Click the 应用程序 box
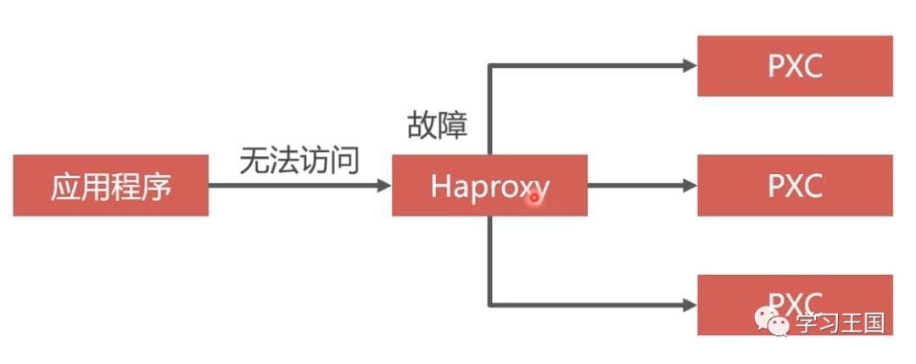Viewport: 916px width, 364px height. (x=111, y=186)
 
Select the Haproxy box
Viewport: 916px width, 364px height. (x=489, y=186)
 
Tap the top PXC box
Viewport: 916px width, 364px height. (x=795, y=66)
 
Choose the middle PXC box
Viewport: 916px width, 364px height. (x=795, y=186)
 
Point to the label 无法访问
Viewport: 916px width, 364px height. (x=299, y=160)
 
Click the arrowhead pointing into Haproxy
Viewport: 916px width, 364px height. (x=384, y=186)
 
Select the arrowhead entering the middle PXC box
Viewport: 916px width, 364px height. (x=690, y=186)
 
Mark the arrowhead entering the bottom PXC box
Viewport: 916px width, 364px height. (x=690, y=305)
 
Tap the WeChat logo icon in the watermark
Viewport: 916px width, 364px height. (x=773, y=322)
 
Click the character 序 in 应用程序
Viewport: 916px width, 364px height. (x=157, y=186)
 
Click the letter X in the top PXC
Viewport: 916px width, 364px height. (x=795, y=66)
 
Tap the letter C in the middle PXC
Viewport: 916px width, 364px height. (x=812, y=186)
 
